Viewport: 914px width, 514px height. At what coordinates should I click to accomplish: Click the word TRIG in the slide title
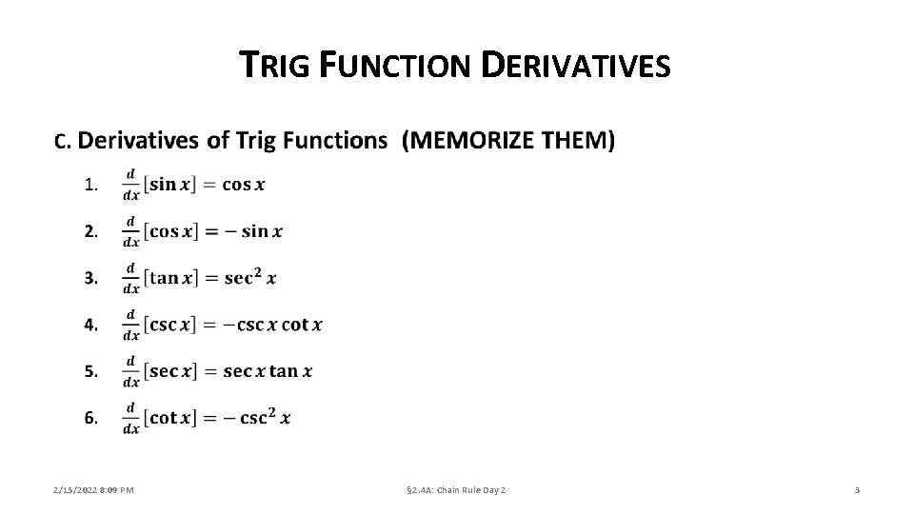pyautogui.click(x=274, y=66)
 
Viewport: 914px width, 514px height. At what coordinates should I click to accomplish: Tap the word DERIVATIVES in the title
pyautogui.click(x=576, y=66)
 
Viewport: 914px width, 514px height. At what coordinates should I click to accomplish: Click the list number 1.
pyautogui.click(x=90, y=185)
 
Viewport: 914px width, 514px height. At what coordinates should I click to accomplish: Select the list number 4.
pyautogui.click(x=90, y=325)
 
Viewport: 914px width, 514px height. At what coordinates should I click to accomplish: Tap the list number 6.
pyautogui.click(x=90, y=418)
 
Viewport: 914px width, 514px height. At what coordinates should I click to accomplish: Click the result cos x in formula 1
pyautogui.click(x=244, y=184)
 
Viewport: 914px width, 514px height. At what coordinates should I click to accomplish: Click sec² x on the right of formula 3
pyautogui.click(x=250, y=277)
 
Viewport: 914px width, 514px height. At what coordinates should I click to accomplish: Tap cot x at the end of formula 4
pyautogui.click(x=302, y=325)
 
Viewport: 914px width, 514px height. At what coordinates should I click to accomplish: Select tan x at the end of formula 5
pyautogui.click(x=290, y=371)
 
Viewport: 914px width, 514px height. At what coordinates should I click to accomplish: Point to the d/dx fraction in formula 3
pyautogui.click(x=131, y=278)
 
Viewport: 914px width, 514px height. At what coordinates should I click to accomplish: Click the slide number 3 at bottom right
pyautogui.click(x=857, y=490)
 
